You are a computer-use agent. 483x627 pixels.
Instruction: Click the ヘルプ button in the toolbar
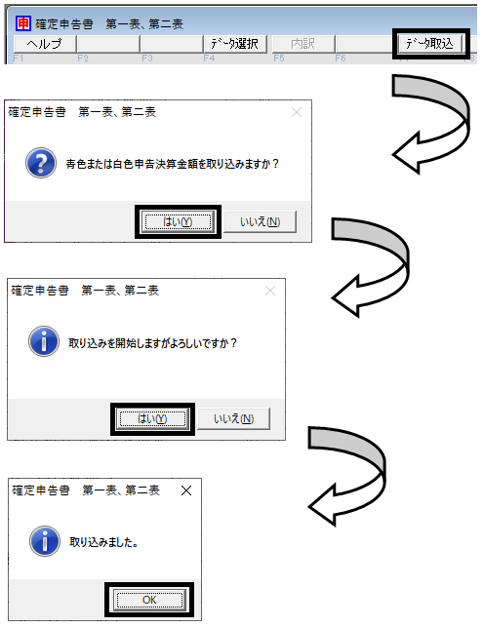45,44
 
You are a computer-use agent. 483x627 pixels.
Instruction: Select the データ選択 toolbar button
234,44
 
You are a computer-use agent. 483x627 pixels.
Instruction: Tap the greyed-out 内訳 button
302,44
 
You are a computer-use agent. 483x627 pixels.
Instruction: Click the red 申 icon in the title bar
22,23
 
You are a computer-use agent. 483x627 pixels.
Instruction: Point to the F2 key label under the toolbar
83,59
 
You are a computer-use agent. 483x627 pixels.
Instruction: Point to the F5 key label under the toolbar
279,59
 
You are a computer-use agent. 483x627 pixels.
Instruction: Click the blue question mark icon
41,163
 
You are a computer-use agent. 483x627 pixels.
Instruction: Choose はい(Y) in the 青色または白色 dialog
178,221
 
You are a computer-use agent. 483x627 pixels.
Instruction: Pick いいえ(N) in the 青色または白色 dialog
261,221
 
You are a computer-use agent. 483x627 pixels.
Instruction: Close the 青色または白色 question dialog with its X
297,112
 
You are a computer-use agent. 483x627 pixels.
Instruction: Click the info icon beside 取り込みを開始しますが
44,341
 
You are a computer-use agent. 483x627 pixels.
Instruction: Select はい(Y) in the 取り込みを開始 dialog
152,418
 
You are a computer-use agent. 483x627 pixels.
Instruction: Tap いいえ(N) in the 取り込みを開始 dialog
234,418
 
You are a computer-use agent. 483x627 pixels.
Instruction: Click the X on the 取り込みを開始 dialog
270,291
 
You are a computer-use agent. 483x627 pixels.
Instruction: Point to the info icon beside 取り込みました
45,541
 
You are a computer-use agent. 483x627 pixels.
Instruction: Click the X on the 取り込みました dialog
186,490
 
